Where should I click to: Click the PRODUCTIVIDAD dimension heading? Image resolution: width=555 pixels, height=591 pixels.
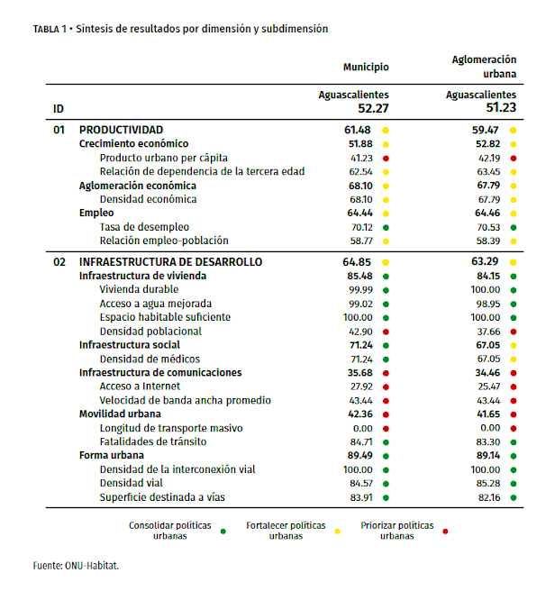click(121, 130)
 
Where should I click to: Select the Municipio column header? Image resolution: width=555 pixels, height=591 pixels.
click(366, 67)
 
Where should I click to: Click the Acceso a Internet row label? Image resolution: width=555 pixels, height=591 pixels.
click(141, 386)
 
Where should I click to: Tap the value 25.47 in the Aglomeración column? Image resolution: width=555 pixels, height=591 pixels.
click(487, 386)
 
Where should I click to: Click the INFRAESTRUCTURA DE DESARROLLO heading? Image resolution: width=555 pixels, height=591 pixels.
click(171, 261)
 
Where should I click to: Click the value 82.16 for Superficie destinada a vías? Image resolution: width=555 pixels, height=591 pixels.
click(487, 496)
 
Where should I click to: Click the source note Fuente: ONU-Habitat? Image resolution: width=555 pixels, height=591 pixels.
click(77, 566)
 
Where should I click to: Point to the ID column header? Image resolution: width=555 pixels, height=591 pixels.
click(59, 109)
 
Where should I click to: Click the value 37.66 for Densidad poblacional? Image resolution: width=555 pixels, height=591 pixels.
click(487, 331)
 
